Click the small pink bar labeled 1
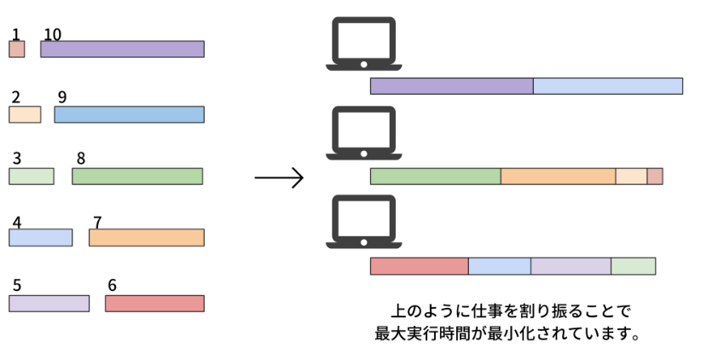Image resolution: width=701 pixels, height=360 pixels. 16,49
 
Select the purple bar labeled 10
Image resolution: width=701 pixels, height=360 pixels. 122,49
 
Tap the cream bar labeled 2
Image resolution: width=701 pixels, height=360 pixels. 25,114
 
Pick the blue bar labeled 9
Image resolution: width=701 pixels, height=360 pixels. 129,114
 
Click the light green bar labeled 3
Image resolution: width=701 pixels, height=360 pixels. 31,177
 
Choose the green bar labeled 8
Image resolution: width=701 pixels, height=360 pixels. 137,177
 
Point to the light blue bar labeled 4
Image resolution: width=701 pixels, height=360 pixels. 40,238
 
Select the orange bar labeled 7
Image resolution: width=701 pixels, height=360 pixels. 146,238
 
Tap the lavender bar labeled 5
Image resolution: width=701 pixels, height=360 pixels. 49,303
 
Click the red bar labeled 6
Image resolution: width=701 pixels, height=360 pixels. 154,303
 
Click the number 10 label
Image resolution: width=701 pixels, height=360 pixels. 52,34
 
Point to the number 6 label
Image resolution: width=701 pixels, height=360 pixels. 113,285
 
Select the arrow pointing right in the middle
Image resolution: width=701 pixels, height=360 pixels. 279,177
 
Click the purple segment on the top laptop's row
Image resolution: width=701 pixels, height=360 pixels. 451,86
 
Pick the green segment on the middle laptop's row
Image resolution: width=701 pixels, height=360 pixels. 435,177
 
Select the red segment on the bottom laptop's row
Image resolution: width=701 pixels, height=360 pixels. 419,266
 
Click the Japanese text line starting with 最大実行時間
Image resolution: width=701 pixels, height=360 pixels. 507,333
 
